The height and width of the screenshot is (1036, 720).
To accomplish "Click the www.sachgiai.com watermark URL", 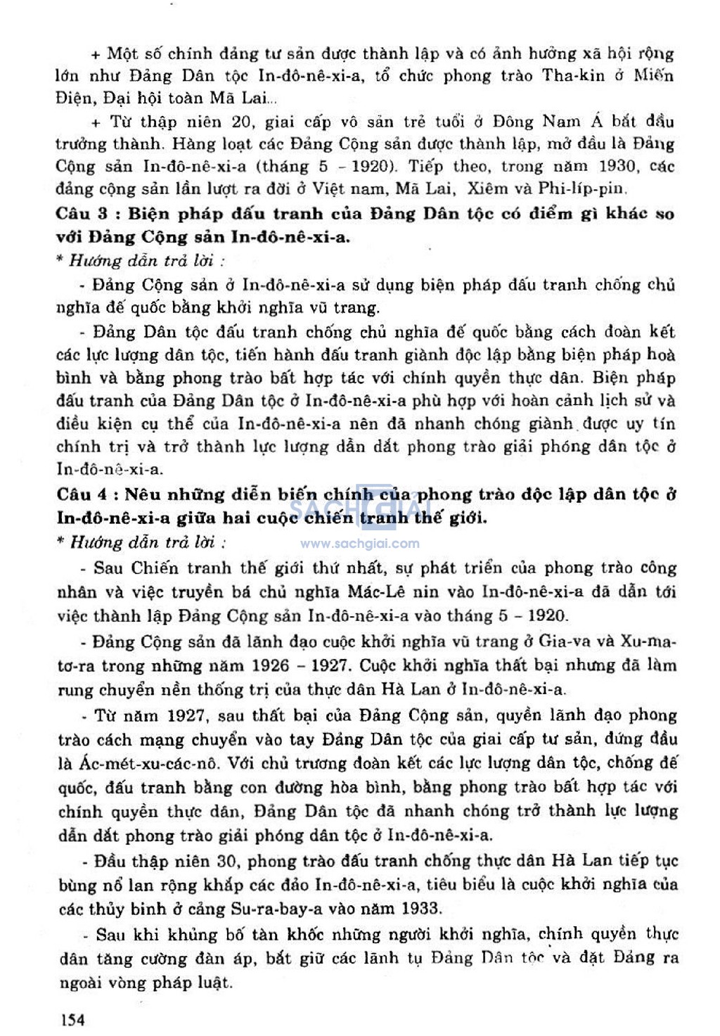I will coord(360,544).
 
